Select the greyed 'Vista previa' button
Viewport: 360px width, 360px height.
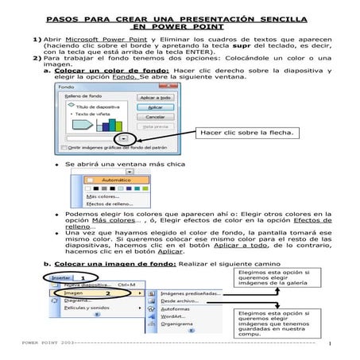coord(156,126)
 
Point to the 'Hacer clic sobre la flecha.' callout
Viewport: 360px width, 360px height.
coord(237,132)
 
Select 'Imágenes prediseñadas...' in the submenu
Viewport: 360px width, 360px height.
coord(191,293)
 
